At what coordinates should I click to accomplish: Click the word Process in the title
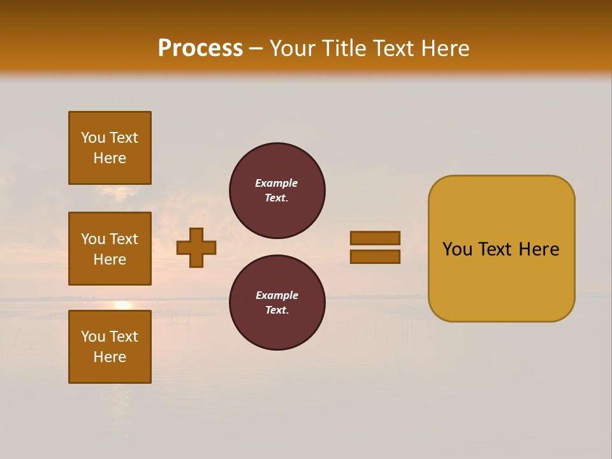pos(200,48)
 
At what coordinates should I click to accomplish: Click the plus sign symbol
pos(196,247)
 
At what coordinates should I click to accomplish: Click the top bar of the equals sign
pos(375,238)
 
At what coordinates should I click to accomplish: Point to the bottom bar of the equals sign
pos(375,257)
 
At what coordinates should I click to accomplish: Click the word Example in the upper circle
pos(277,183)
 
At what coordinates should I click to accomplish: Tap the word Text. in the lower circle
pos(277,310)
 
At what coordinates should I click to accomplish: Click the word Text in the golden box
pos(495,249)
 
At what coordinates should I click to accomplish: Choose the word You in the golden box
pos(457,249)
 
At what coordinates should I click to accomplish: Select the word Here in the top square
pos(110,158)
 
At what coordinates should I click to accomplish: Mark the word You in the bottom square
pos(93,336)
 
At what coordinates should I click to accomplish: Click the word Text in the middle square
pos(124,239)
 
